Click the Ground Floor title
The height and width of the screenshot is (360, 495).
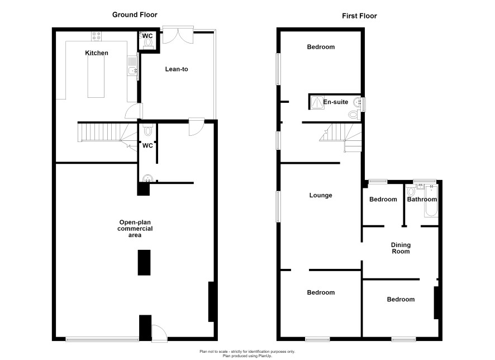coord(135,15)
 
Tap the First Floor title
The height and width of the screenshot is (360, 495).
coord(359,16)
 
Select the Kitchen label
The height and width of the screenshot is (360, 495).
coord(97,53)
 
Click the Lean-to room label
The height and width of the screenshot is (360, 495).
coord(177,69)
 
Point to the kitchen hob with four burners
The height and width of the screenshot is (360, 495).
coord(97,36)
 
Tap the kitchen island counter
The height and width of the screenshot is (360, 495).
coord(96,77)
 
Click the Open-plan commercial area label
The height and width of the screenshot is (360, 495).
coord(135,229)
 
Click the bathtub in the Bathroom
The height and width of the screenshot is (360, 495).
coord(431,201)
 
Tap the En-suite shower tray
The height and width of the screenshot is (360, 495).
coord(317,102)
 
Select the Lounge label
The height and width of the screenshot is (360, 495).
coord(321,195)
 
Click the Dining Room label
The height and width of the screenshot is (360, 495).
coord(401,248)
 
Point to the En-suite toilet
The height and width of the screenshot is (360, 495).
coord(354,115)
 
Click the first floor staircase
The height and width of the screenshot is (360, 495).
coord(341,138)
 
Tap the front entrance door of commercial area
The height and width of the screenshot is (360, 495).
coord(159,333)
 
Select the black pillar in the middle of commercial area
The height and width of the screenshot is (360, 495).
coord(144,263)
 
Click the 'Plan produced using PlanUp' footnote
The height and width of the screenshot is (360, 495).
coord(247,356)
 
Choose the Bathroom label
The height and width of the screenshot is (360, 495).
coord(422,199)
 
